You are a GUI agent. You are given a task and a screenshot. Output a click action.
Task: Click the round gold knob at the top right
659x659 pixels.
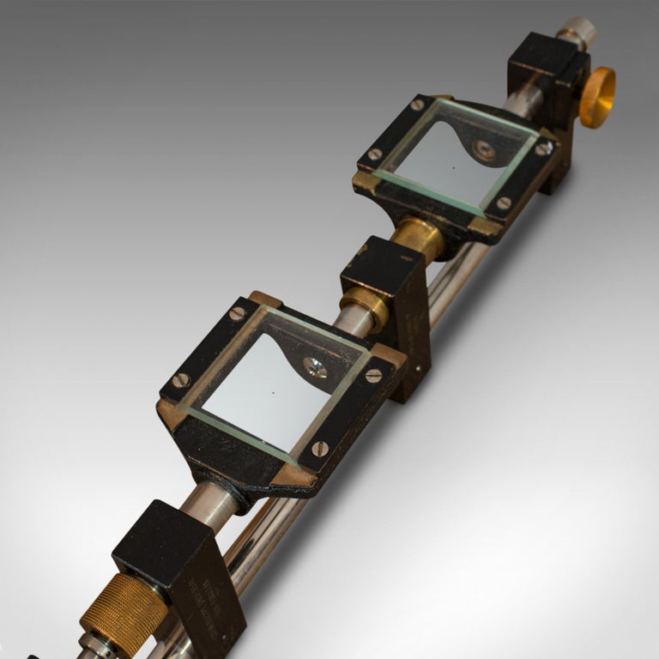[597, 96]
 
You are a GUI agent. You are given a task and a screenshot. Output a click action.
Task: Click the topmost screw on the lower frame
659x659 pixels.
[238, 314]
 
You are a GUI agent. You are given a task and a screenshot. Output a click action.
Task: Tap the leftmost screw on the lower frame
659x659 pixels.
[181, 380]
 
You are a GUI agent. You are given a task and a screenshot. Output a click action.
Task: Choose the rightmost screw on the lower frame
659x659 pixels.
[374, 376]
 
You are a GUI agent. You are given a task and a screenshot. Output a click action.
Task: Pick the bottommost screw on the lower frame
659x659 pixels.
[320, 448]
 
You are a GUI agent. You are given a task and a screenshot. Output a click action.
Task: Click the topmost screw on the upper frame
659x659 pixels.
[418, 105]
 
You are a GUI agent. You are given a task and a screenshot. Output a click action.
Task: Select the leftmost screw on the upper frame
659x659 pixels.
[375, 154]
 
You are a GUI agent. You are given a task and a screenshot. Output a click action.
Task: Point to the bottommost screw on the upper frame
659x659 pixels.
[504, 203]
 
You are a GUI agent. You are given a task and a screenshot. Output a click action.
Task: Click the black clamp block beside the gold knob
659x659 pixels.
[549, 77]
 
